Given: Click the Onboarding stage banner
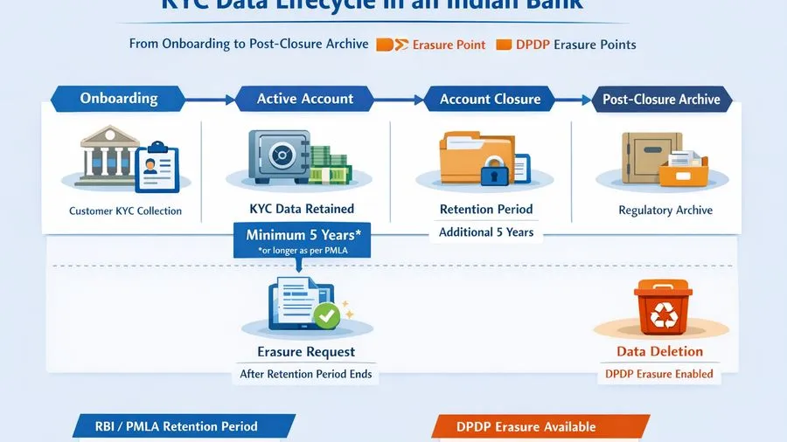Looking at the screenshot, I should (119, 99).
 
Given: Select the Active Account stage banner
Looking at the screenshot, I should (303, 99).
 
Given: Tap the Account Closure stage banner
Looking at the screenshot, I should (490, 99).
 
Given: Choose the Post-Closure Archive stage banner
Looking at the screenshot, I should (661, 99).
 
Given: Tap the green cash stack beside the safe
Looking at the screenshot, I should (331, 166).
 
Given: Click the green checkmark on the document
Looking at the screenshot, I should (327, 315).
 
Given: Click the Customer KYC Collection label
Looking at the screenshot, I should (125, 211).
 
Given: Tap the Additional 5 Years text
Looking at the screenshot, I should (486, 232).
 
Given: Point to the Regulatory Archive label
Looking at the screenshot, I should (665, 211).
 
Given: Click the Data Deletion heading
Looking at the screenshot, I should (659, 352).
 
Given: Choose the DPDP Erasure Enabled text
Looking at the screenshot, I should (659, 374).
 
